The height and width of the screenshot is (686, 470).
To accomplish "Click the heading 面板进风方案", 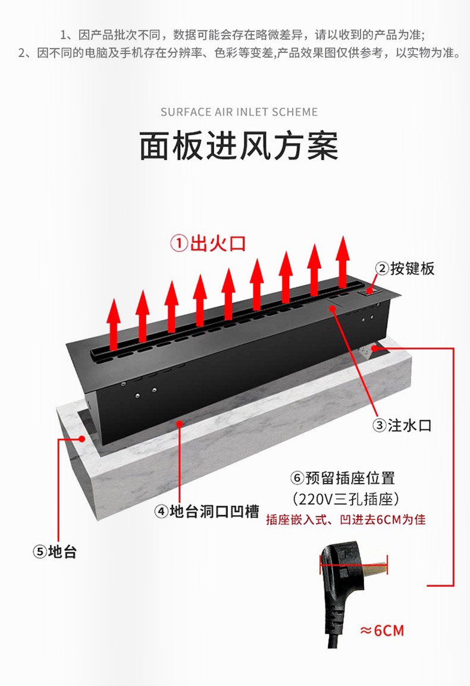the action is [239, 146].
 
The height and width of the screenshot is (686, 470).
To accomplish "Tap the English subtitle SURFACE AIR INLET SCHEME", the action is [239, 112].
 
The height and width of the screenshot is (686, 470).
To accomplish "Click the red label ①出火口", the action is [208, 243].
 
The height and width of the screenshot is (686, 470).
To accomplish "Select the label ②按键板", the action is [405, 268].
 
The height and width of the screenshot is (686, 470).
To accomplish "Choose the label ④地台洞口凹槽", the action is [206, 511].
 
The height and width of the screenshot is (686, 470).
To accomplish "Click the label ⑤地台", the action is [55, 552].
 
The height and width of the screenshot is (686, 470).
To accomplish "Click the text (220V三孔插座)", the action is [346, 498].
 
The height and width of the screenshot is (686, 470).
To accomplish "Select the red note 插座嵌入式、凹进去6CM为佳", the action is [346, 519].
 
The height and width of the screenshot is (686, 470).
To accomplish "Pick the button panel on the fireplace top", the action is [372, 291].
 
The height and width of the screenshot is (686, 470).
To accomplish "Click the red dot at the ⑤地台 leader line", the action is [82, 438].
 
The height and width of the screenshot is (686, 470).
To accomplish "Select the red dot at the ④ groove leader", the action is [179, 423].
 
